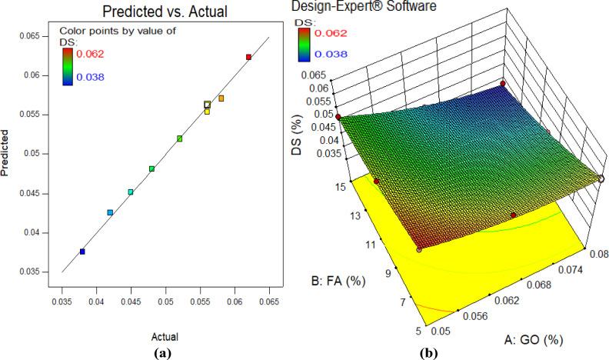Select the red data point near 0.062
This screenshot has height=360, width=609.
[248, 57]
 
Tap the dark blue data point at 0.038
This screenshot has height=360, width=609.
[82, 252]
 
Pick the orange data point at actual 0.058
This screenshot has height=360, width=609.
[221, 98]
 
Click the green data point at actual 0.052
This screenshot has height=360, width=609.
[179, 138]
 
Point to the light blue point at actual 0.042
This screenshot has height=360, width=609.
[110, 212]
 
